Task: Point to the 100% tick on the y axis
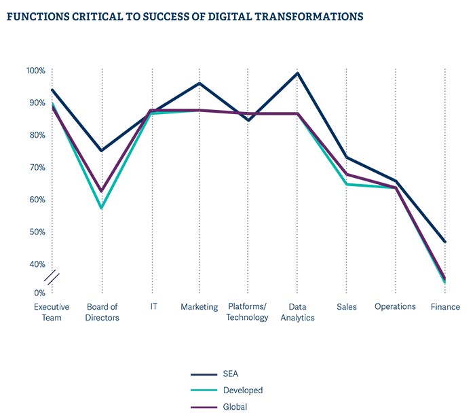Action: coord(35,71)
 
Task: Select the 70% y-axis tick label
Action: coord(36,167)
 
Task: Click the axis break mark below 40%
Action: coord(52,278)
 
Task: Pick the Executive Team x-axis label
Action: coord(52,312)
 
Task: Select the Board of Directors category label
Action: coord(102,312)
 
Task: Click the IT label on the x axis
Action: coord(153,306)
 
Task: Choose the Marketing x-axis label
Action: coord(199,306)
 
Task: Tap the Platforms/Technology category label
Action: coord(248,312)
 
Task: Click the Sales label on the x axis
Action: coord(347,306)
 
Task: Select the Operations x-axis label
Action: coord(395,306)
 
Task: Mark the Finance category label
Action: coord(445,306)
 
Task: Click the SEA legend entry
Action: coord(231,374)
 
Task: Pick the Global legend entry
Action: coord(235,406)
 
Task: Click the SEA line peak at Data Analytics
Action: coord(297,73)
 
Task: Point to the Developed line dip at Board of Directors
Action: coord(102,208)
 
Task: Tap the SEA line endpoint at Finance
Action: coord(445,241)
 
